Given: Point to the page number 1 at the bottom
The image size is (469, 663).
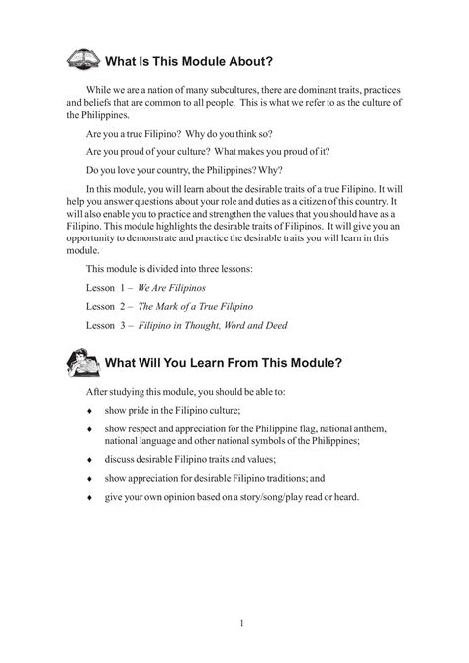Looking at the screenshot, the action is (241, 621).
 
